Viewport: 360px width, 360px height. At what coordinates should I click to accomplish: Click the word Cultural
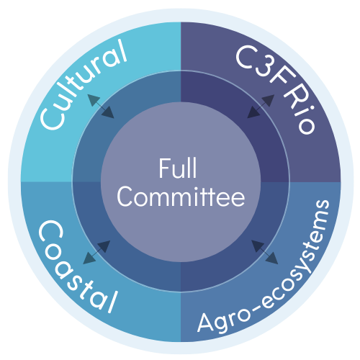click(84, 84)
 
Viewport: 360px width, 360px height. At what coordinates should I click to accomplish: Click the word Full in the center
click(178, 168)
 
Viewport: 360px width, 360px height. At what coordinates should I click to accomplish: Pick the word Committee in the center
click(181, 197)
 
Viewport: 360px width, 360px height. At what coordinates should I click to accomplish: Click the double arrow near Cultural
click(101, 106)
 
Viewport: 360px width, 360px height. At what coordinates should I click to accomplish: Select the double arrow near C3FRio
click(261, 106)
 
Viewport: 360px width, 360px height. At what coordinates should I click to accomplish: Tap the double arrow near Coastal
click(96, 252)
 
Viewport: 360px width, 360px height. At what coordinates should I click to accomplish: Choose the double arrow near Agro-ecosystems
click(265, 252)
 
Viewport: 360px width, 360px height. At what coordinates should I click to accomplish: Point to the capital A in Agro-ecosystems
click(205, 323)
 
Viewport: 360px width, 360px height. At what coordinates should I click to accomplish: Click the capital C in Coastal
click(50, 232)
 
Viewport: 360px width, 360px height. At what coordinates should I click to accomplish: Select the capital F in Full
click(164, 168)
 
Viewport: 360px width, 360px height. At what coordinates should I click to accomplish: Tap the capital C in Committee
click(125, 197)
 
